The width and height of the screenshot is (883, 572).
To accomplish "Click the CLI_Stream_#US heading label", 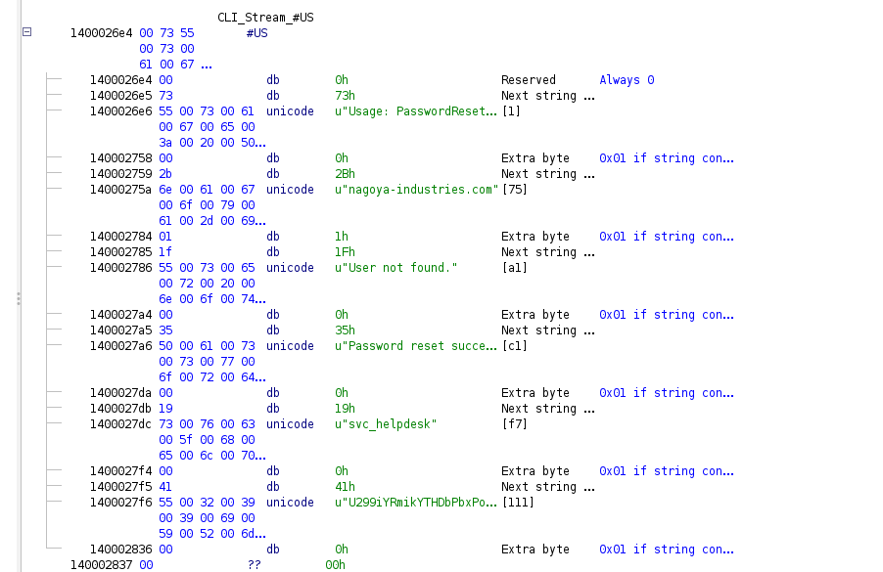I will [x=265, y=18].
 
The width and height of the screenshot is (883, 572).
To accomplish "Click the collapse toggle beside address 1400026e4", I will [x=26, y=32].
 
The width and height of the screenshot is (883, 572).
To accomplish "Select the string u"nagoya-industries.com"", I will [x=415, y=190].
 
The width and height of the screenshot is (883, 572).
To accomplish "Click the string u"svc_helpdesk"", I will [x=386, y=424].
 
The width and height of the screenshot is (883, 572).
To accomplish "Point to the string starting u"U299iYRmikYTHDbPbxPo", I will [x=415, y=503].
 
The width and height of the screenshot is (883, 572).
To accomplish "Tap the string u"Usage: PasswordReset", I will [x=415, y=111].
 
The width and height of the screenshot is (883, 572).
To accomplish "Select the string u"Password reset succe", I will [x=415, y=346].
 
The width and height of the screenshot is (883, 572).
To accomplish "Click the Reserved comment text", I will [x=528, y=80].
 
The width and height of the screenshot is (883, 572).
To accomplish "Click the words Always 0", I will [x=627, y=80].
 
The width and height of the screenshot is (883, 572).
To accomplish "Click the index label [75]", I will [x=514, y=190].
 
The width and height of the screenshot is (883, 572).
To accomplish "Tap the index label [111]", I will [x=517, y=503].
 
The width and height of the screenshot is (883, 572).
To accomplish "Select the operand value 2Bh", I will [x=344, y=174].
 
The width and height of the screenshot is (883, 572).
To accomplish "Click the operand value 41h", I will [x=344, y=487].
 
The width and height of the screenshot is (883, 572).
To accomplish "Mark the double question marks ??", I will [x=254, y=565].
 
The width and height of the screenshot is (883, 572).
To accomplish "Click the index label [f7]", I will [x=514, y=424].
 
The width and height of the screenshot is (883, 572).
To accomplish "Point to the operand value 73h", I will [x=344, y=96].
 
